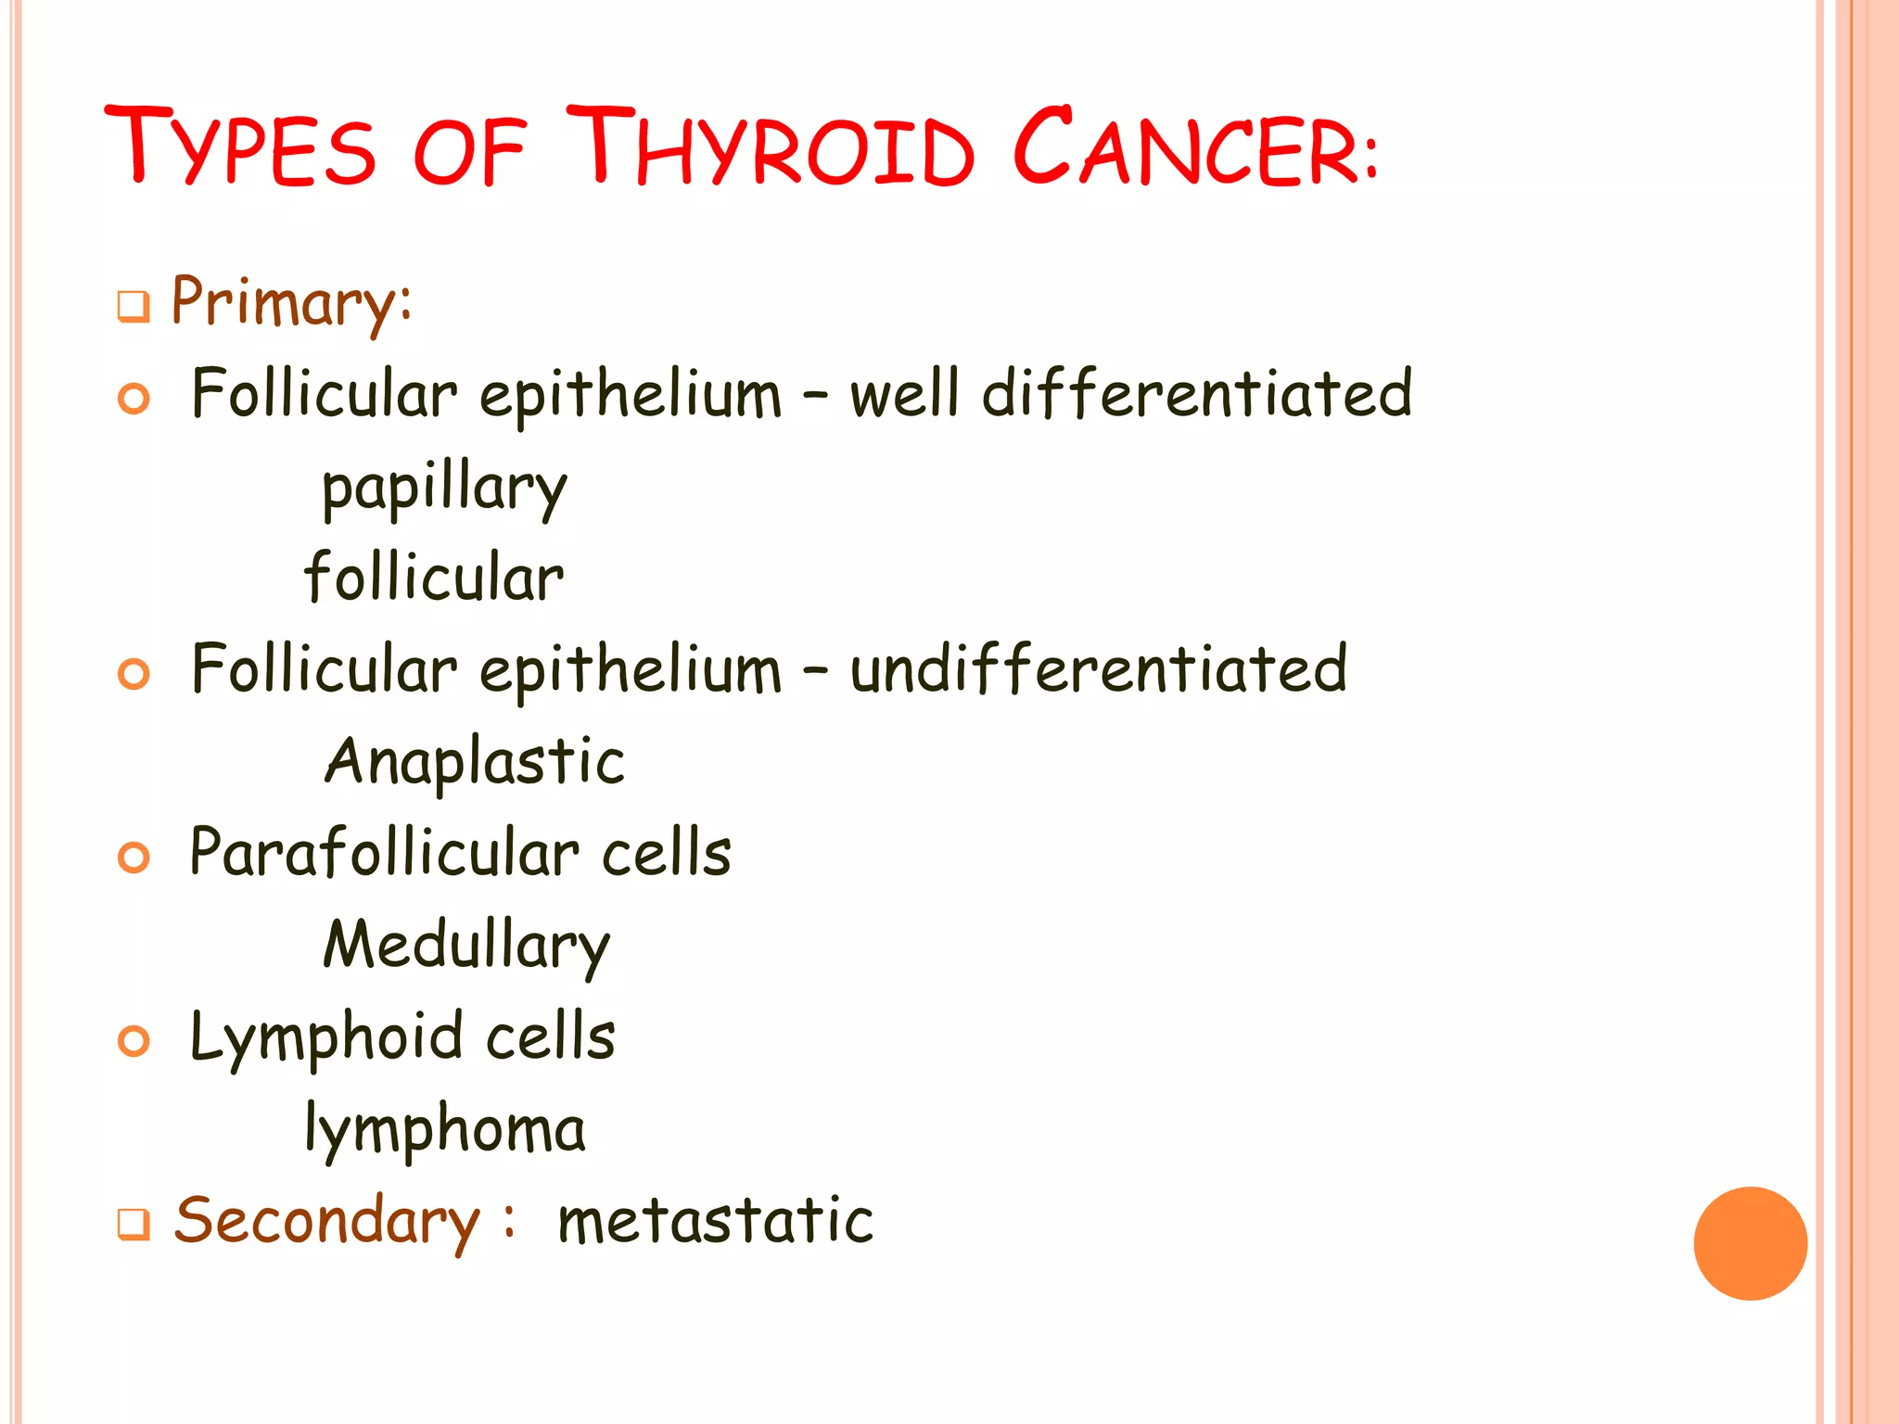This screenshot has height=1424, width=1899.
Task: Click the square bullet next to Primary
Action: coord(134,307)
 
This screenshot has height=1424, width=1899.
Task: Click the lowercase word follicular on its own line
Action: coord(434,578)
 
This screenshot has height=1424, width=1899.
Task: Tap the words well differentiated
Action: coord(1131,393)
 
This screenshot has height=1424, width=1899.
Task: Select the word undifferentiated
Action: coord(1099,668)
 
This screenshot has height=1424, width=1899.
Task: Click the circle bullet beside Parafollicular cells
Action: coord(134,857)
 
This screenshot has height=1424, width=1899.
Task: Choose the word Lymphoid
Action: coord(325,1037)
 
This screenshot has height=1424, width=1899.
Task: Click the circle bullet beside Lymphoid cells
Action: coord(134,1041)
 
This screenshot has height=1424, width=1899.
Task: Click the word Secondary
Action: coord(327,1221)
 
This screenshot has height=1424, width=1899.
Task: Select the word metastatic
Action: coord(715,1221)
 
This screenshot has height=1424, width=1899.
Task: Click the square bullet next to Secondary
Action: coord(134,1225)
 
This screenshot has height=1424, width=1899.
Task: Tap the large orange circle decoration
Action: coord(1750,1243)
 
